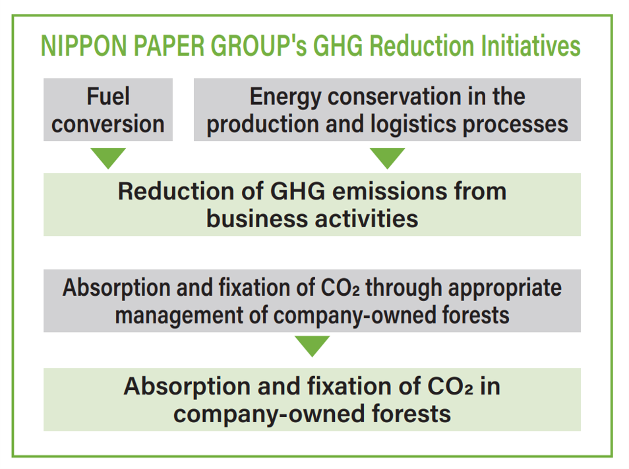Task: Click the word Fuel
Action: click(x=108, y=96)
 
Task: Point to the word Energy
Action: click(x=285, y=98)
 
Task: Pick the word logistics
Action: click(x=413, y=124)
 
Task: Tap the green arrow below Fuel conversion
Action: click(x=108, y=158)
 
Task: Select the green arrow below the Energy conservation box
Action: click(x=388, y=158)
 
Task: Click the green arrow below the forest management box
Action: click(x=312, y=346)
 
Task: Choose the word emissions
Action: click(x=390, y=191)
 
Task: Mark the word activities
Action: click(x=366, y=219)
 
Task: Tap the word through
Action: click(x=403, y=289)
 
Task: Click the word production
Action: click(x=263, y=125)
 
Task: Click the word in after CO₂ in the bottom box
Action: click(x=490, y=386)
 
